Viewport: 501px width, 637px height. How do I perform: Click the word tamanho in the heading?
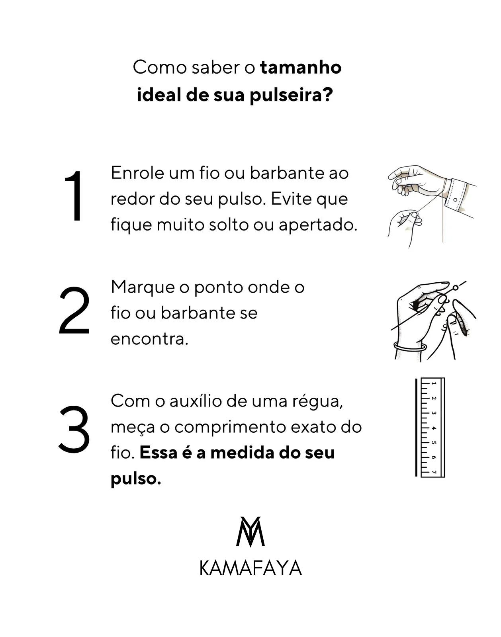click(301, 68)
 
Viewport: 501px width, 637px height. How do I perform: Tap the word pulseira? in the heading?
click(291, 96)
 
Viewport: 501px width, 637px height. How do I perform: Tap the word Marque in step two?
click(143, 288)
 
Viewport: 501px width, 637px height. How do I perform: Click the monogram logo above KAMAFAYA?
click(250, 532)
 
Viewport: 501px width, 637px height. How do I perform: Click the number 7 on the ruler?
click(434, 472)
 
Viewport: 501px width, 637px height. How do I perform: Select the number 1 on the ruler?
click(434, 384)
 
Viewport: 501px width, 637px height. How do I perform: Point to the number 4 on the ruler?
click(434, 428)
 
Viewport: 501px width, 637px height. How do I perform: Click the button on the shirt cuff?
click(455, 200)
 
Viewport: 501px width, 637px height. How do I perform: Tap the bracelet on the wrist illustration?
click(410, 346)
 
